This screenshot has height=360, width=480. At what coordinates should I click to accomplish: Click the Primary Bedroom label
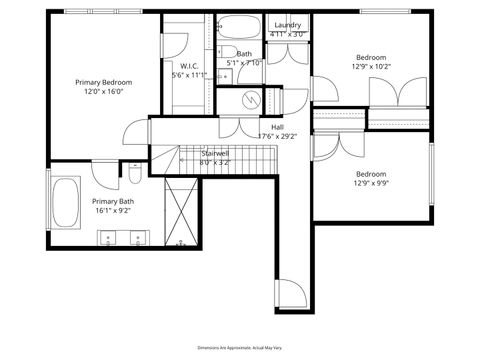pyautogui.click(x=103, y=82)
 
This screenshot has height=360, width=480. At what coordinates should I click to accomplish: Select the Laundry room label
pyautogui.click(x=287, y=25)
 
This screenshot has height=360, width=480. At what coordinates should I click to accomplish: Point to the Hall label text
pyautogui.click(x=277, y=127)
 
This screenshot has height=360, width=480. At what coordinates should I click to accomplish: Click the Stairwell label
pyautogui.click(x=216, y=153)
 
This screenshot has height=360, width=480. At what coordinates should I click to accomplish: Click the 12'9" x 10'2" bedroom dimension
pyautogui.click(x=371, y=67)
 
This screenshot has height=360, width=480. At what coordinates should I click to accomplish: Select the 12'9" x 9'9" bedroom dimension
pyautogui.click(x=371, y=183)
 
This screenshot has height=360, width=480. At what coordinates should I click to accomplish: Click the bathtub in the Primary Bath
pyautogui.click(x=65, y=203)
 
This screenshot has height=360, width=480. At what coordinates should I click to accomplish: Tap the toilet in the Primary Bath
pyautogui.click(x=133, y=177)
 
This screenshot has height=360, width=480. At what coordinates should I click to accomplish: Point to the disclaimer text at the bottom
pyautogui.click(x=240, y=346)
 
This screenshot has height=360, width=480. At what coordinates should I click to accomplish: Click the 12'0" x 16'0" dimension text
pyautogui.click(x=103, y=91)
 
